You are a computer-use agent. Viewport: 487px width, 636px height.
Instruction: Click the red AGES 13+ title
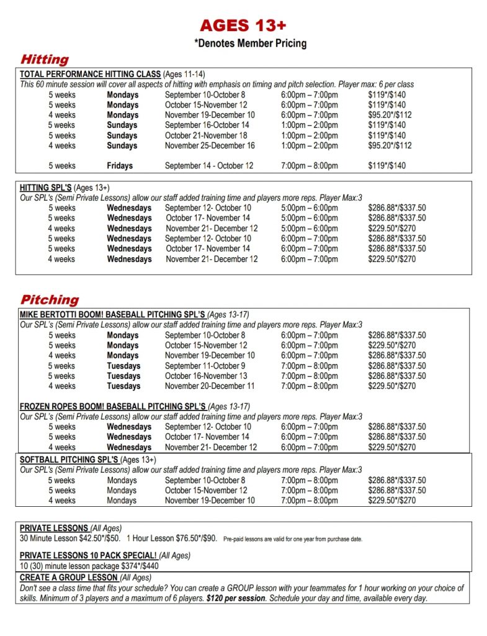243,25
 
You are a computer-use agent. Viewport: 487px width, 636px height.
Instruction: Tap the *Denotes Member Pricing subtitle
251,43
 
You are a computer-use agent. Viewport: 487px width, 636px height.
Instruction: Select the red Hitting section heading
45,60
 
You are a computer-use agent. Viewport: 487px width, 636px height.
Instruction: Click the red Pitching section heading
50,299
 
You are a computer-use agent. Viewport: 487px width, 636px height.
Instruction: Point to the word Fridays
120,166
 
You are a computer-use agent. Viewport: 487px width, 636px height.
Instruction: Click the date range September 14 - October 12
210,166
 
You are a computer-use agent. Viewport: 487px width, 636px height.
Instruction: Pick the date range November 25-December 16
210,145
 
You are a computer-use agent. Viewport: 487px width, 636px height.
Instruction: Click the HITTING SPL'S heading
46,188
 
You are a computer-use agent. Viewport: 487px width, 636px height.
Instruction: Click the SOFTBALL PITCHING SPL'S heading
69,460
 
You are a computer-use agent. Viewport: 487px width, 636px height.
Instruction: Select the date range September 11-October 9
205,366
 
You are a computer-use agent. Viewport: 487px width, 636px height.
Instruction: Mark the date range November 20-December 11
210,386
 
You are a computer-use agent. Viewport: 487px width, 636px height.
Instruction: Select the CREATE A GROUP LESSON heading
68,578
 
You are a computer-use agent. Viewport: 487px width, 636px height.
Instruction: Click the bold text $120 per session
236,599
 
